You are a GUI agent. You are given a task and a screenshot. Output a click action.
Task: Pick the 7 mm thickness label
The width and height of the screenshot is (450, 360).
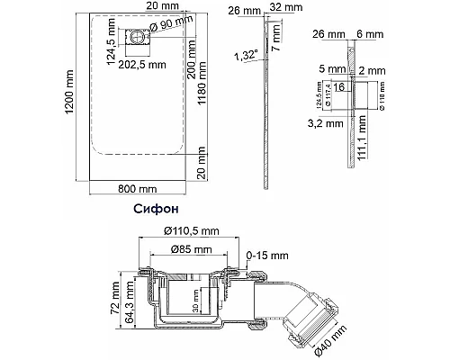[x=277, y=38]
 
